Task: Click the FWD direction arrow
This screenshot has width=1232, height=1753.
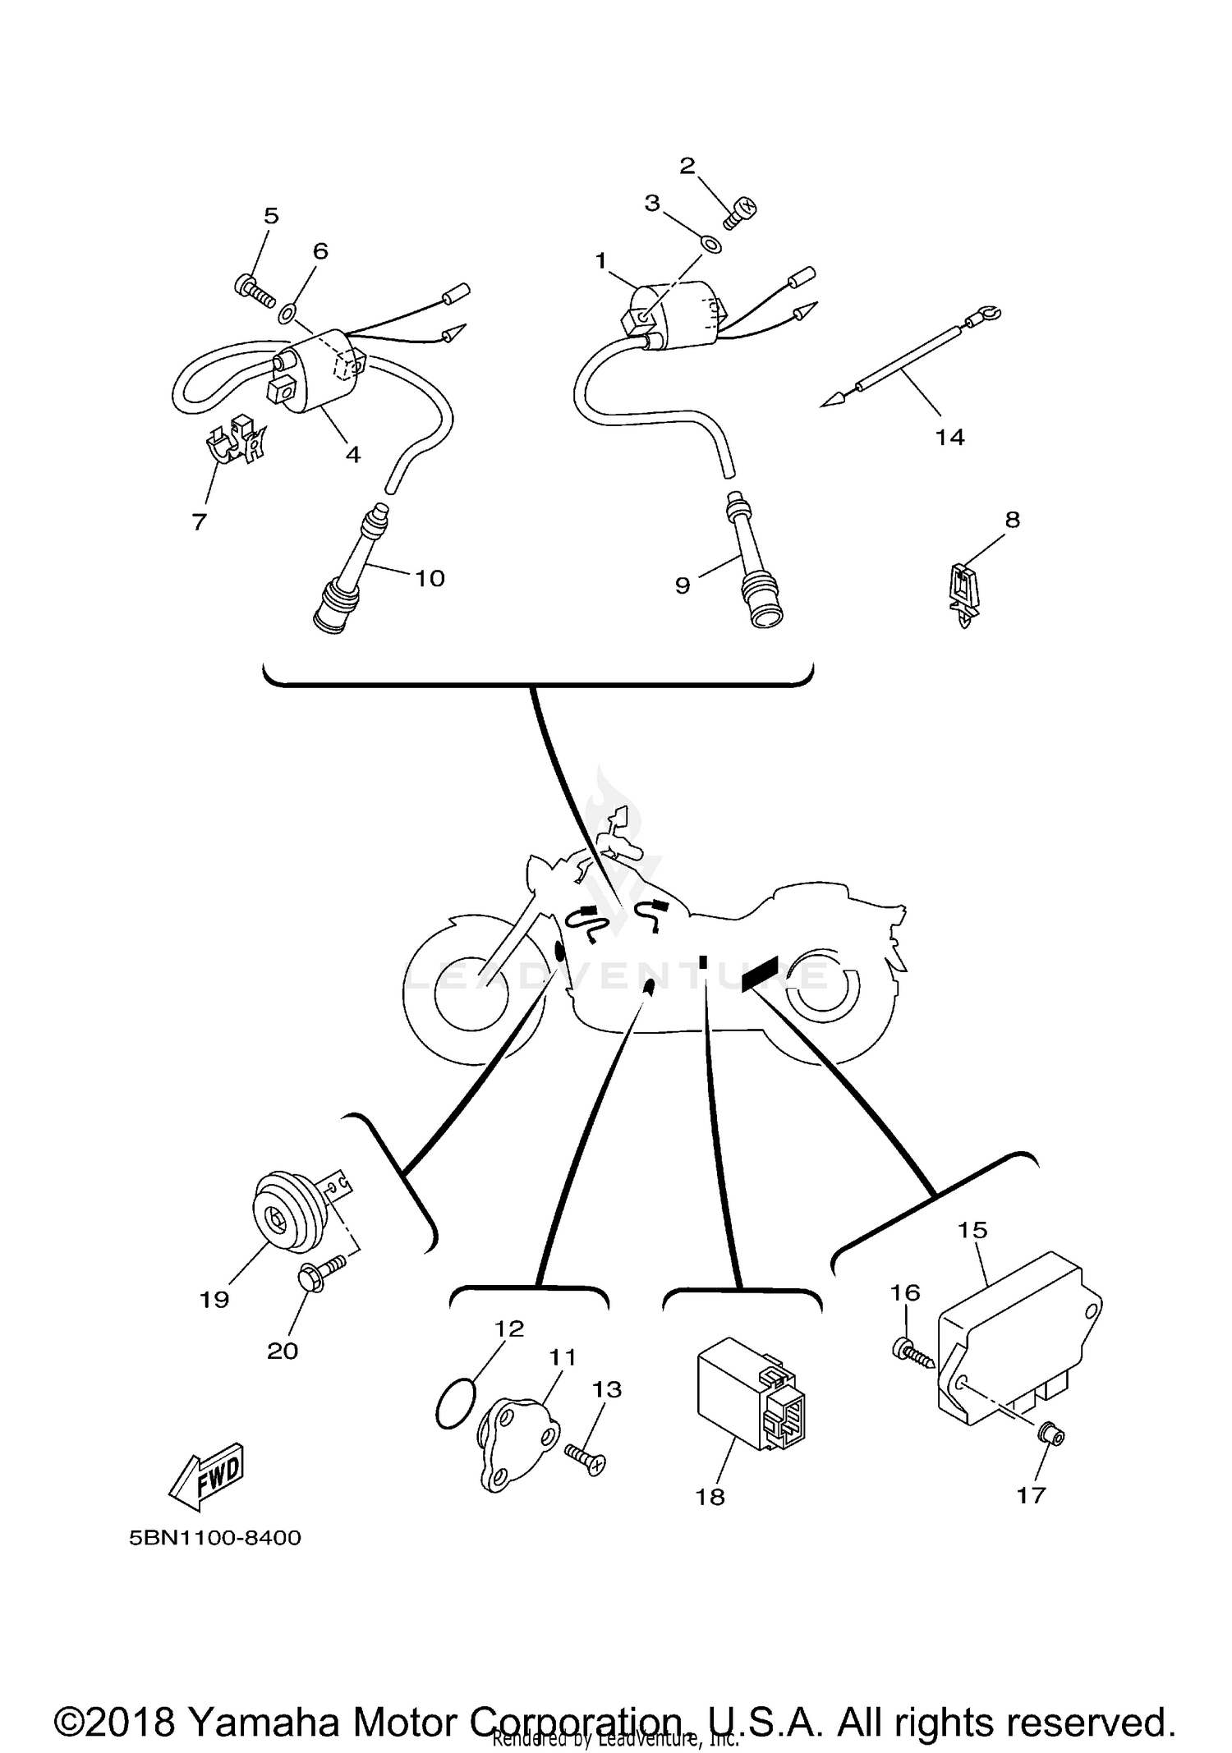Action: point(206,1475)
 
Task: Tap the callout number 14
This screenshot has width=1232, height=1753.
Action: point(949,437)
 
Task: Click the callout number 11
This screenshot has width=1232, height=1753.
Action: point(563,1356)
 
